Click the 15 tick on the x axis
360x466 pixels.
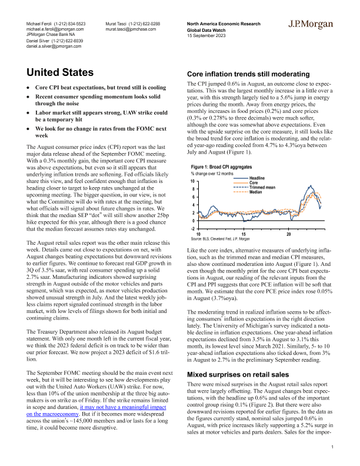pyautogui.click(x=244, y=233)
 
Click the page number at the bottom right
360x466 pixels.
pyautogui.click(x=332, y=448)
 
